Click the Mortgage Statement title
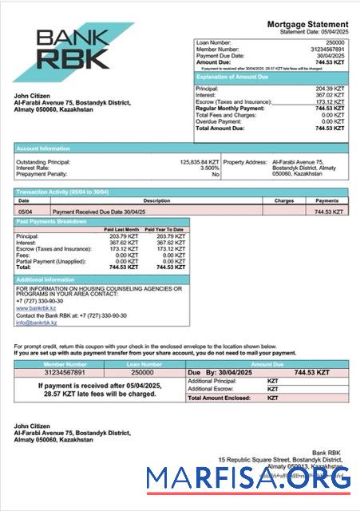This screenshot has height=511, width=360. [x=307, y=26]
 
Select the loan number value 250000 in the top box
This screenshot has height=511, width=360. [x=335, y=41]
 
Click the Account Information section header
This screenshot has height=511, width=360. [x=40, y=149]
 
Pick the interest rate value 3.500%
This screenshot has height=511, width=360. [x=209, y=168]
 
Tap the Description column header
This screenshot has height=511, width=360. [x=134, y=200]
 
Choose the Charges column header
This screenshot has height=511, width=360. [x=284, y=200]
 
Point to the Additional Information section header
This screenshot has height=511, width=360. [x=45, y=279]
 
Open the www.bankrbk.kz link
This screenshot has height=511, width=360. [x=33, y=307]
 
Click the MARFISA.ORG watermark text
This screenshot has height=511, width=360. [x=248, y=478]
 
